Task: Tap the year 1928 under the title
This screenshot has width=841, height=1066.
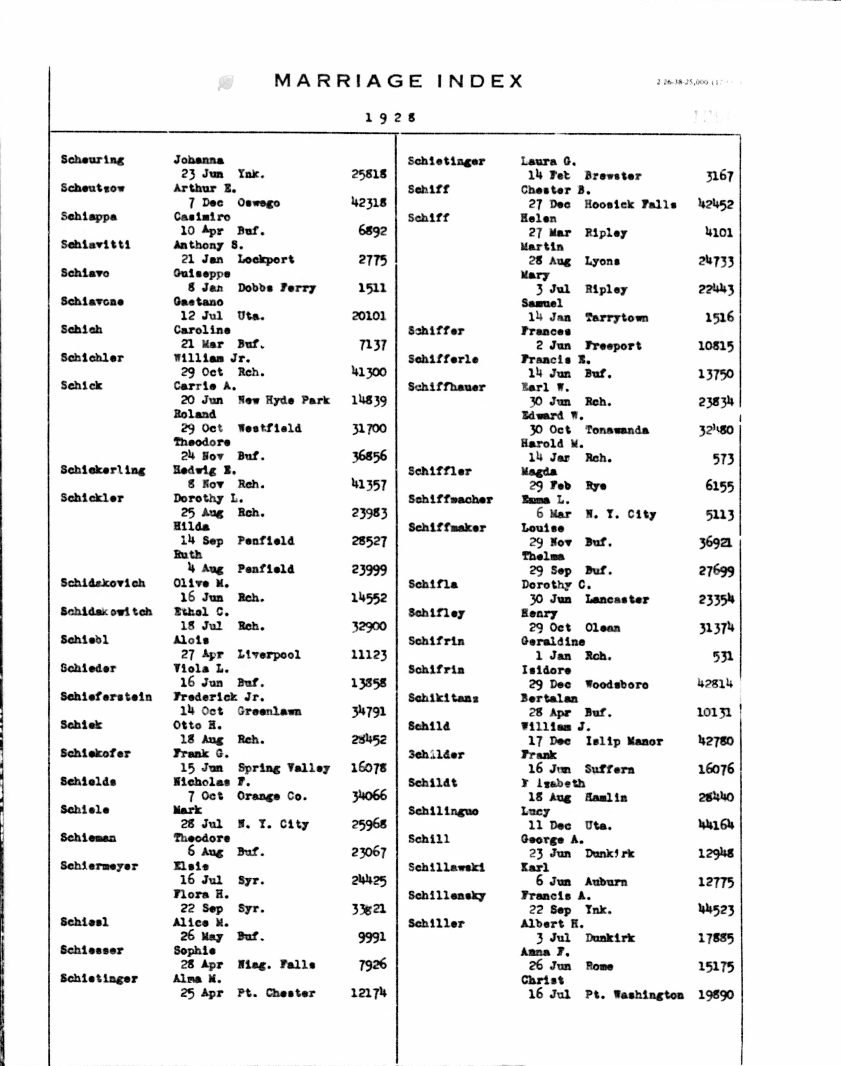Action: tap(390, 118)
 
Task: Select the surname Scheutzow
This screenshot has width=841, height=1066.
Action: tap(93, 188)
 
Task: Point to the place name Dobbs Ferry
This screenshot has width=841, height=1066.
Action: tap(276, 288)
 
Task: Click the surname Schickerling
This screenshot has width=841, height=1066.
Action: tap(103, 470)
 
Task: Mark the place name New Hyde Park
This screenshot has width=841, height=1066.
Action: tap(284, 400)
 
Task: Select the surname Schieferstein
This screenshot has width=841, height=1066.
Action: tap(106, 697)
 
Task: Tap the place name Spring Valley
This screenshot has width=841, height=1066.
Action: tap(284, 768)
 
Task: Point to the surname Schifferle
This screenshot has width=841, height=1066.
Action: tap(443, 359)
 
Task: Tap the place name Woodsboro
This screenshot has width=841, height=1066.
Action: tap(616, 685)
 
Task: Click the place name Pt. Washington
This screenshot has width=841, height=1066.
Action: tap(634, 995)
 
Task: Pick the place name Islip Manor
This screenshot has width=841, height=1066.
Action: tap(624, 741)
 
